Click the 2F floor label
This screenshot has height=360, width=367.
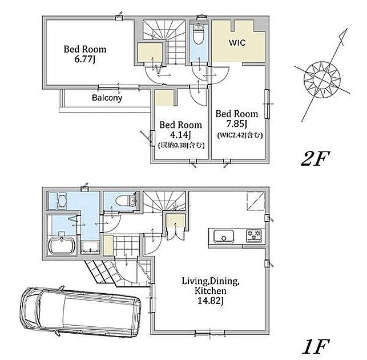tap(315, 159)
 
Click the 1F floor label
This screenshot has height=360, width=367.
tap(316, 347)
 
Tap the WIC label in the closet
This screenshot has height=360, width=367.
tap(237, 43)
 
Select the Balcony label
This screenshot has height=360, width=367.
tap(107, 98)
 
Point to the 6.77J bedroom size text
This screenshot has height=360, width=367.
tap(84, 59)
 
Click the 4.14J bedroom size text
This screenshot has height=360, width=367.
tap(180, 135)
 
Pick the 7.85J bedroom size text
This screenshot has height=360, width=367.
tap(237, 124)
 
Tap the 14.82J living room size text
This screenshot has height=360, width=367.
tap(211, 301)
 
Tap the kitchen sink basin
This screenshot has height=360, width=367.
tap(224, 236)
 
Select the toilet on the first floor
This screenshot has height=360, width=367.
tap(124, 201)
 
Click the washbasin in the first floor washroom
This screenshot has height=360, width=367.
tap(62, 201)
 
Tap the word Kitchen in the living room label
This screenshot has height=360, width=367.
tap(211, 291)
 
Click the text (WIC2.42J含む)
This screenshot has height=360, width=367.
tap(240, 135)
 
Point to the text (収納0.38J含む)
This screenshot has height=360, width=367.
tap(182, 145)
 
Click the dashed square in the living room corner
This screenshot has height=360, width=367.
tap(256, 201)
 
